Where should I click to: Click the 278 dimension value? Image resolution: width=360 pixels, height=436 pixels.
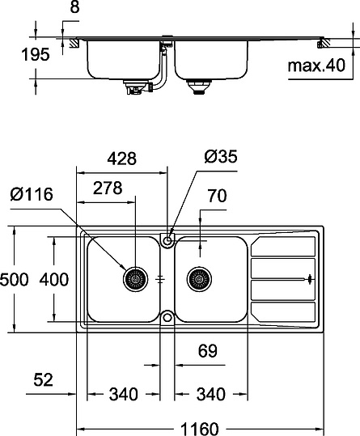108,188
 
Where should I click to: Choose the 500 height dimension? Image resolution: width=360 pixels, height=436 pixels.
15,280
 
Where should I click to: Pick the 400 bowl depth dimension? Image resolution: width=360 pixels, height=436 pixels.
53,280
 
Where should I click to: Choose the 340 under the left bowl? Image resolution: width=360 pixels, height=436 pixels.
123,395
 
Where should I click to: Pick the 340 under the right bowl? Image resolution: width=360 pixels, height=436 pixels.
210,395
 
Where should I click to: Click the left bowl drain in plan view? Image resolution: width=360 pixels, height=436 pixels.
133,280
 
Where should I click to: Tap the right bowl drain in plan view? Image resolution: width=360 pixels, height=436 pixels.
197,280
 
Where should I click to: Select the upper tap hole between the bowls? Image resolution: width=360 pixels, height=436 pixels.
167,239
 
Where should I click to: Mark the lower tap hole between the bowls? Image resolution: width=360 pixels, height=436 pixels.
167,316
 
